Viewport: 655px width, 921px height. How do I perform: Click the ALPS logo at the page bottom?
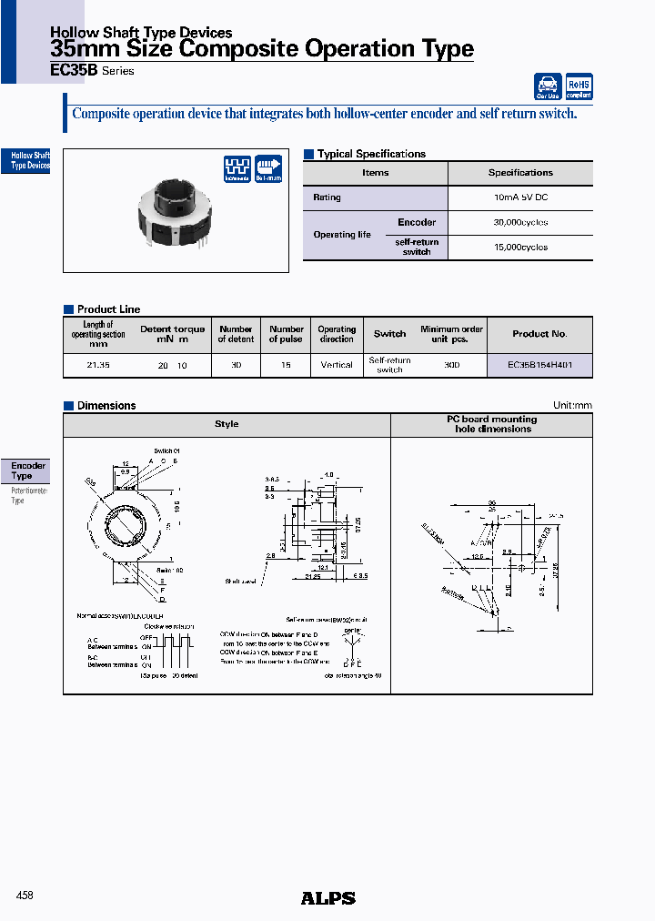pyautogui.click(x=327, y=898)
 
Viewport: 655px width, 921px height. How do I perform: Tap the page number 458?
pyautogui.click(x=25, y=896)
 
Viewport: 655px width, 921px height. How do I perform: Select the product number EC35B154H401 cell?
pyautogui.click(x=539, y=365)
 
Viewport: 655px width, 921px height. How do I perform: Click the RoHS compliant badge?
pyautogui.click(x=579, y=86)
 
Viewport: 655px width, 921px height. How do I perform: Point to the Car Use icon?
pyautogui.click(x=548, y=86)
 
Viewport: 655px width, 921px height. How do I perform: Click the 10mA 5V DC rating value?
pyautogui.click(x=519, y=197)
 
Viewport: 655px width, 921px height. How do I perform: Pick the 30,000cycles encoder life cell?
pyautogui.click(x=519, y=222)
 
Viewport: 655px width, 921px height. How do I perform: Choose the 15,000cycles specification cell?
pyautogui.click(x=519, y=247)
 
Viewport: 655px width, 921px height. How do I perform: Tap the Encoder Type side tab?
pyautogui.click(x=27, y=471)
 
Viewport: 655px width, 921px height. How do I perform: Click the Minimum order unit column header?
pyautogui.click(x=451, y=334)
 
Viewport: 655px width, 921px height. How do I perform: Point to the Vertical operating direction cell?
pyautogui.click(x=337, y=365)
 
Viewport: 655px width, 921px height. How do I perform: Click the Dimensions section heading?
pyautogui.click(x=106, y=406)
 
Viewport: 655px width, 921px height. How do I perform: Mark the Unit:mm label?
pyautogui.click(x=572, y=406)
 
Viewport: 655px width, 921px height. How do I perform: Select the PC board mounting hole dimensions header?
pyautogui.click(x=491, y=424)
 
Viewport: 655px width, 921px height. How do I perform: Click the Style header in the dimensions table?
pyautogui.click(x=227, y=424)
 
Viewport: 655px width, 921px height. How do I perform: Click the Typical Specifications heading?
pyautogui.click(x=370, y=154)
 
